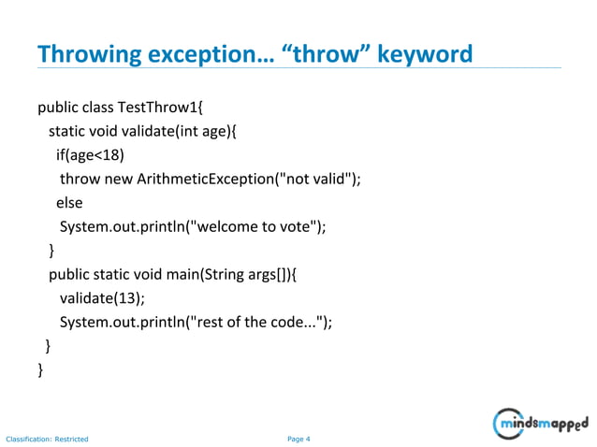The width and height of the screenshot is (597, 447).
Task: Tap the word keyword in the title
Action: click(427, 55)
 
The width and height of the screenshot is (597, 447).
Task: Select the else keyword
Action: click(69, 202)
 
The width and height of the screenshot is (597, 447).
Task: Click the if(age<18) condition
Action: click(90, 154)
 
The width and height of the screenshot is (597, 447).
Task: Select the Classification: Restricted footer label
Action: click(47, 439)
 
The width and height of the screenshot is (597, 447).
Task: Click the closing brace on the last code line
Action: click(40, 371)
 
